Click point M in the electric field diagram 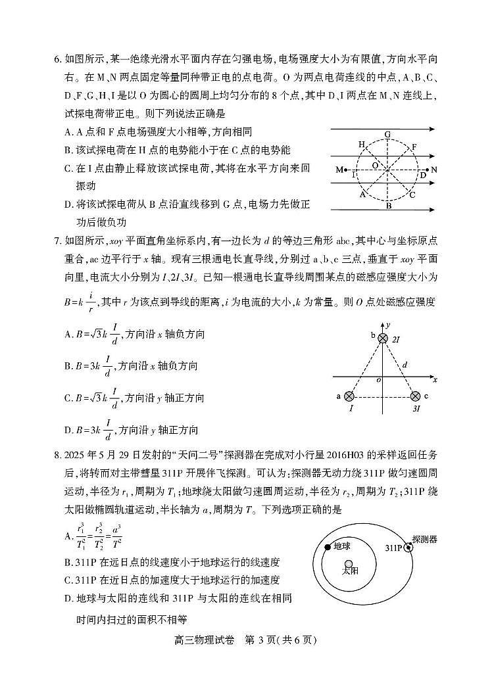tap(340, 170)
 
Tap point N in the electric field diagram tap(433, 170)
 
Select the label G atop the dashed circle tap(387, 135)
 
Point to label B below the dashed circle tap(388, 206)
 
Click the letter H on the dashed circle tap(361, 144)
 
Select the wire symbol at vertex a tap(349, 396)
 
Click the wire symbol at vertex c tap(415, 396)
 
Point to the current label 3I tap(416, 409)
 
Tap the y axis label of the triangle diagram tap(389, 325)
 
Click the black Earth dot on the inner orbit tap(328, 547)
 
